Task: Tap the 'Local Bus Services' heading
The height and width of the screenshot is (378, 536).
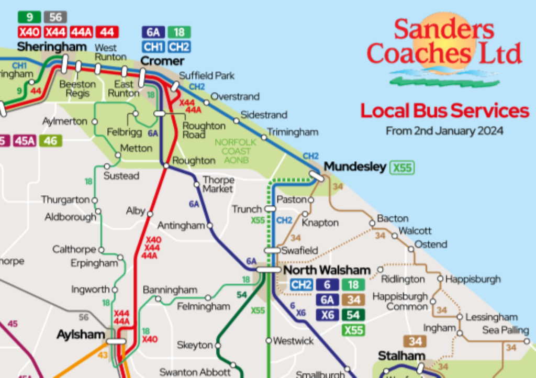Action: [x=444, y=111]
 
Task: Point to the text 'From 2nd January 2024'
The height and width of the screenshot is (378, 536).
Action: [x=444, y=131]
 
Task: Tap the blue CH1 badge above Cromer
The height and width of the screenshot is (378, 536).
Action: [x=153, y=47]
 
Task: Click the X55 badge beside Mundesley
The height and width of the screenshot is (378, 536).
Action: [x=403, y=168]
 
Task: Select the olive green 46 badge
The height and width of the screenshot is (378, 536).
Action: [x=51, y=141]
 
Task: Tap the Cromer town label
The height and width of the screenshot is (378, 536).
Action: [x=162, y=61]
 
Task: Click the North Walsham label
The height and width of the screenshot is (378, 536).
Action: [x=326, y=271]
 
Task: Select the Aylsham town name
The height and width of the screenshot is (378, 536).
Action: [x=81, y=334]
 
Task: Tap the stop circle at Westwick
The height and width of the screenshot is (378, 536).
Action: [x=269, y=341]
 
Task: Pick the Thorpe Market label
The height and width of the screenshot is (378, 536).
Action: [x=218, y=184]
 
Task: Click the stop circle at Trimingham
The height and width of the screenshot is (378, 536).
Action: [x=264, y=137]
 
